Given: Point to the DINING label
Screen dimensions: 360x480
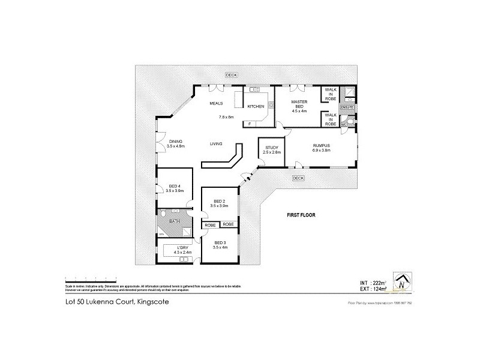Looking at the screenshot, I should [x=175, y=142].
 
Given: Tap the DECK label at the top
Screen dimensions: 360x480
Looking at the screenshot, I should [x=232, y=75].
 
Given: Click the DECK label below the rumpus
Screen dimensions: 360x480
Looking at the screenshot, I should [x=298, y=178].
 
